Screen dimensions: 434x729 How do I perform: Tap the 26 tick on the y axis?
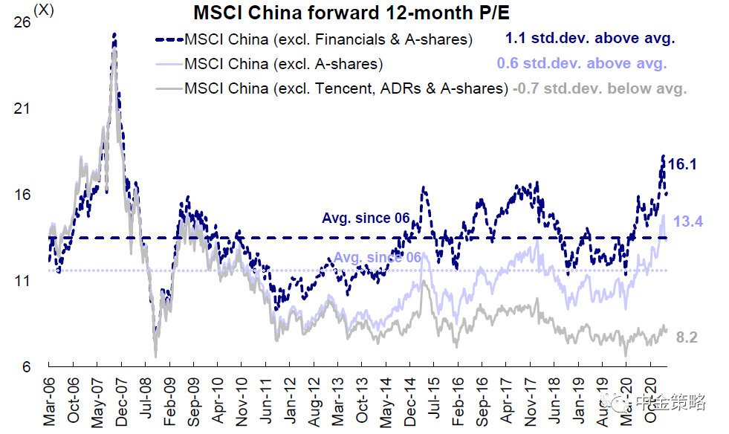(22, 23)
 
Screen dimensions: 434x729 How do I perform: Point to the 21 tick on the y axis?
(22, 108)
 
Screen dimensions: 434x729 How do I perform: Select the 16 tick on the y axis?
(22, 195)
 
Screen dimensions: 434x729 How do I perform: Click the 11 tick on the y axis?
(22, 281)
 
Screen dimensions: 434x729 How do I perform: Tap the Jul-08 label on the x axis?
(146, 401)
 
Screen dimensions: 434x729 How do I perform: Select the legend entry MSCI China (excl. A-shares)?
(283, 64)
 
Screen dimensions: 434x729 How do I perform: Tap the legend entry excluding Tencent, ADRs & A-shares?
(346, 88)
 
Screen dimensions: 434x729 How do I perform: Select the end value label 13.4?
(688, 221)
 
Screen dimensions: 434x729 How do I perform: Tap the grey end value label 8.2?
(687, 337)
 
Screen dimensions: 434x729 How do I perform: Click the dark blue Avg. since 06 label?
(366, 218)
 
